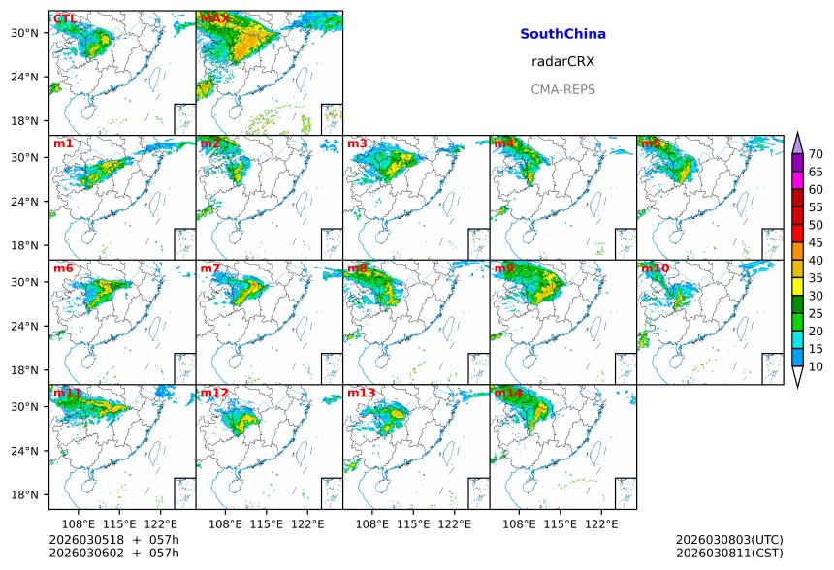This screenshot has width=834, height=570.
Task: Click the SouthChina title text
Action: point(562,34)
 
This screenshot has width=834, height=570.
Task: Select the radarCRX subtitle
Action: point(562,61)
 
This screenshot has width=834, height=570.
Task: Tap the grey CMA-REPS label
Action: point(562,89)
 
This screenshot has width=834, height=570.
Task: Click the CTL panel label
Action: point(65,18)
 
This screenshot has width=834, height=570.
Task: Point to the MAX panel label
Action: point(214,18)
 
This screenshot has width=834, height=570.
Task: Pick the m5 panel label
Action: point(651,143)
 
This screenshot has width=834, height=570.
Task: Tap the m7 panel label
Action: point(210,268)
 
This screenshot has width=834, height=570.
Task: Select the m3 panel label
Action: point(357,143)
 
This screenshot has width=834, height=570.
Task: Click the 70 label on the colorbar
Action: point(816,154)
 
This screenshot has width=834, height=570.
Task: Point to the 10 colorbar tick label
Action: point(816,366)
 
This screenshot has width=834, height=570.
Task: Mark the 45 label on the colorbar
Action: point(816,242)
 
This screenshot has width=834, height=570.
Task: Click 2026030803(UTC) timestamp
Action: point(728,539)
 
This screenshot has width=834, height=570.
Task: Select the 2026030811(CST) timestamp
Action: point(728,553)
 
